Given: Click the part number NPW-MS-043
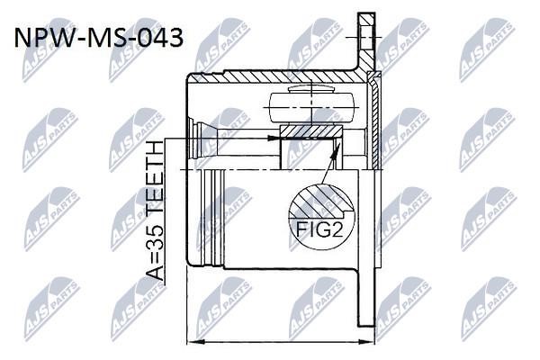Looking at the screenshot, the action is (x=98, y=38).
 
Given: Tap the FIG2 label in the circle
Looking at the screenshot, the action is (x=319, y=229).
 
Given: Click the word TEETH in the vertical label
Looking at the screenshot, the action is (x=154, y=175).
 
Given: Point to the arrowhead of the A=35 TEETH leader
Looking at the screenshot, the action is (x=274, y=138).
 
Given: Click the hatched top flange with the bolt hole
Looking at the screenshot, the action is (x=365, y=41).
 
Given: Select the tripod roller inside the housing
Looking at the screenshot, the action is (x=311, y=107).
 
